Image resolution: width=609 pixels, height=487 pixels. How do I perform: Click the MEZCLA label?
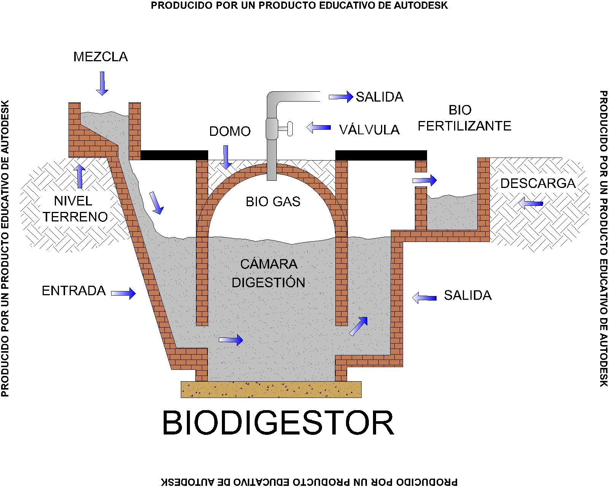click(x=100, y=57)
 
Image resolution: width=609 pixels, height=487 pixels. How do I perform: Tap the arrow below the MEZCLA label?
click(x=102, y=83)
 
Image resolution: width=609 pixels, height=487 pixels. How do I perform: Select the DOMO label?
click(x=230, y=132)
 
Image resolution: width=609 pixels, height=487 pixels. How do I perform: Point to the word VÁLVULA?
click(x=369, y=130)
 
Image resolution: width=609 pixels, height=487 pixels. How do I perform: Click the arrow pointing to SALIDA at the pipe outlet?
click(x=341, y=97)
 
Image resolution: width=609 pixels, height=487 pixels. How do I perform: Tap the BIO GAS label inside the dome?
click(x=273, y=202)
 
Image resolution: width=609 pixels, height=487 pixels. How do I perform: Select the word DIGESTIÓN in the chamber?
click(x=268, y=283)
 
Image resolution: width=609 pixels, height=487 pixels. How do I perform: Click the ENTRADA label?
click(x=73, y=291)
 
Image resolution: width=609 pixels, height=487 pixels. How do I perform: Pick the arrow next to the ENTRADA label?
click(x=123, y=293)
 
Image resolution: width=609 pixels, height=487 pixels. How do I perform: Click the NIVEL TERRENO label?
click(x=75, y=209)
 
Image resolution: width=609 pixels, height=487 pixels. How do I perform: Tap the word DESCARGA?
click(x=537, y=183)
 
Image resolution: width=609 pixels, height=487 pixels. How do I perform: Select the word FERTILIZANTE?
click(x=464, y=126)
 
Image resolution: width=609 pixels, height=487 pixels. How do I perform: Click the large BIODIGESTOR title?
click(x=278, y=423)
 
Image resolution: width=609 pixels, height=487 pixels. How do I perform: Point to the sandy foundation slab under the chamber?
click(x=271, y=390)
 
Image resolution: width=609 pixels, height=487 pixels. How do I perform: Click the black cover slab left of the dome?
click(x=174, y=155)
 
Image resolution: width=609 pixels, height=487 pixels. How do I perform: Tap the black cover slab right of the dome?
click(x=381, y=155)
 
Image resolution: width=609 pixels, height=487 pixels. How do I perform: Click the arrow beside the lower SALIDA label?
click(x=424, y=298)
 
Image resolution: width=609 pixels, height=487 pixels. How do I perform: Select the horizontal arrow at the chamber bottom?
click(x=231, y=339)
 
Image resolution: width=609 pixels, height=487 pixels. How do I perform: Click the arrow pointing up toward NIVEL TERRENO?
click(x=80, y=177)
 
